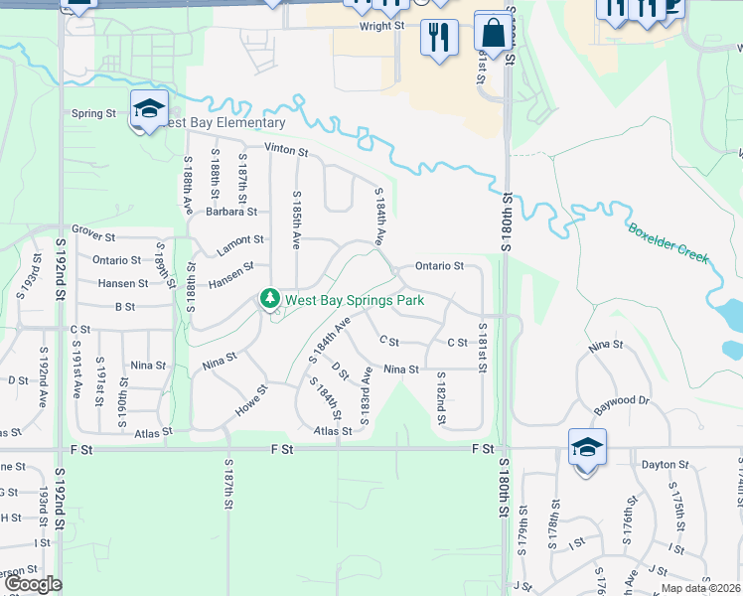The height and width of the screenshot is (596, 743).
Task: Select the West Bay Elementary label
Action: (223, 123)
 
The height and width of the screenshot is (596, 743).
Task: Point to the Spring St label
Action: (93, 113)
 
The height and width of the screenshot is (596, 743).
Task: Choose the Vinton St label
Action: (286, 152)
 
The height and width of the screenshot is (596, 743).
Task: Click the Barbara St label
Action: (231, 212)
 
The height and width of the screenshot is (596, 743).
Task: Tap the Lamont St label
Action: (241, 239)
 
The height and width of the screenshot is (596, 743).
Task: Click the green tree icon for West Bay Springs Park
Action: (269, 298)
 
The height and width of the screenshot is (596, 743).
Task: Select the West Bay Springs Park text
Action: (355, 300)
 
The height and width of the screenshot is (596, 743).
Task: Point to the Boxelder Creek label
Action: (669, 241)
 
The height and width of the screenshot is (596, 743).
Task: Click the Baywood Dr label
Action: (621, 400)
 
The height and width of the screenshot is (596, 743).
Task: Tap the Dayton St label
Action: (665, 464)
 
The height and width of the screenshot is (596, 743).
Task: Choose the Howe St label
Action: (251, 401)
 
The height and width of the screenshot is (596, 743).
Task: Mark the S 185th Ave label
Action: (295, 220)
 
